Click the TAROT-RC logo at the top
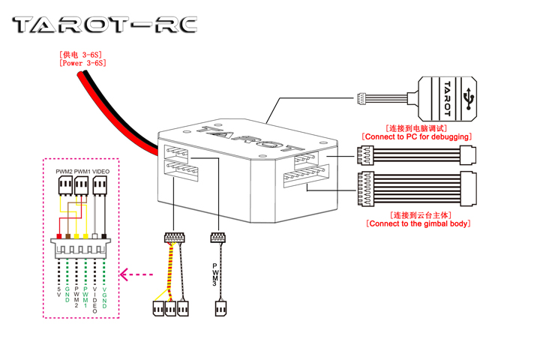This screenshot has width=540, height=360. (105, 25)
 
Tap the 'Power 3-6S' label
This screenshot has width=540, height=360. (82, 64)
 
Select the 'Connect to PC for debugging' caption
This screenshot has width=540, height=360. (416, 137)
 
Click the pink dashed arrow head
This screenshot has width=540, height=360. (124, 275)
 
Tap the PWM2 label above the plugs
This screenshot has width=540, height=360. (64, 172)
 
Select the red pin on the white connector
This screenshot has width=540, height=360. (59, 236)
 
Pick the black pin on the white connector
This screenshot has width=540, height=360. (104, 236)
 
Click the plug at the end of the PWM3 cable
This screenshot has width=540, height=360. (220, 308)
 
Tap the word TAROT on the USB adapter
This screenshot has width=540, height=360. (448, 97)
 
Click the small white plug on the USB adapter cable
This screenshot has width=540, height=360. (361, 98)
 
